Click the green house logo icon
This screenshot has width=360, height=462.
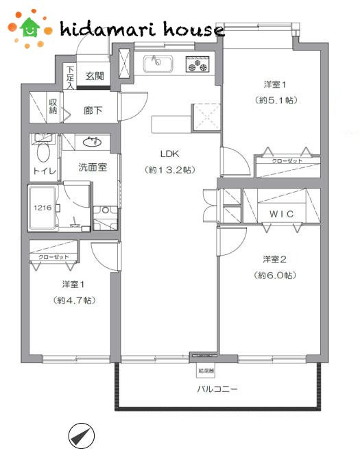coord(29,27)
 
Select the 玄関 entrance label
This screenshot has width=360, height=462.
coord(95,76)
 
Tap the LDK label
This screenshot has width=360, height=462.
coord(169,153)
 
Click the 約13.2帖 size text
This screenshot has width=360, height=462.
coord(169,169)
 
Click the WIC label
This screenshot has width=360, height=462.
coord(281,214)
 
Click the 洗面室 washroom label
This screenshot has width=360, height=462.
coord(92,167)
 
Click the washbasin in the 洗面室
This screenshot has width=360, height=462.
coord(90,142)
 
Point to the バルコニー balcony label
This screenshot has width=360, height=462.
coord(217,389)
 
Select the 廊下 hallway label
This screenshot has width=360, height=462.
coord(93,110)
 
